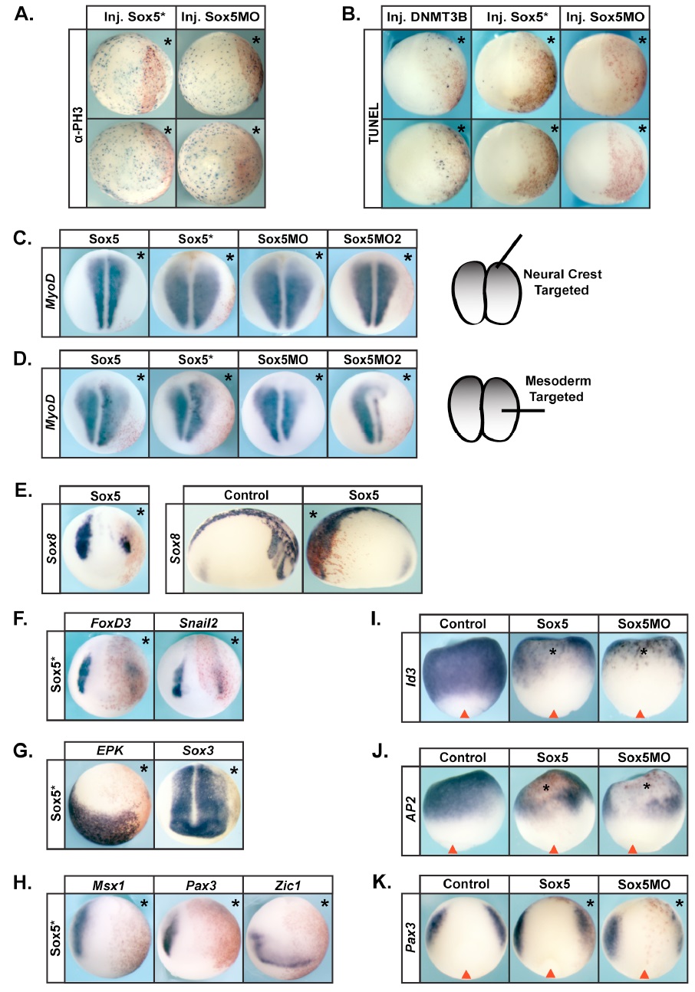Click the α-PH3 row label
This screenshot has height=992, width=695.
click(78, 118)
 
